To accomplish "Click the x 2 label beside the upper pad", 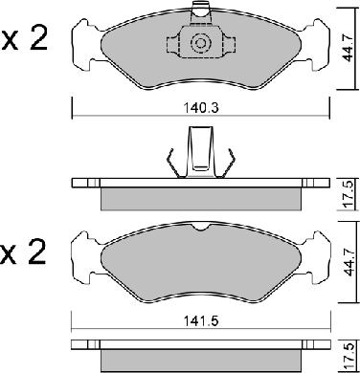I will (26, 41).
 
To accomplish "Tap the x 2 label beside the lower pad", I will (26, 254).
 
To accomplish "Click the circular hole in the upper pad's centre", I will (200, 43).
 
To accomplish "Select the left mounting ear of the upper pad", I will (83, 41).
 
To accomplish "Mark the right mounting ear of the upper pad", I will (317, 41).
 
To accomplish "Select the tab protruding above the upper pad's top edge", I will (200, 11).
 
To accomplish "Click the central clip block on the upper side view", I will (200, 153).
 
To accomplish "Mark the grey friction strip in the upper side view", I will (199, 198).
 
